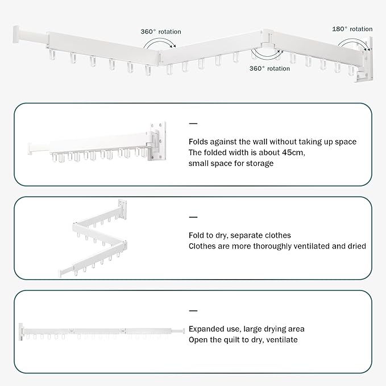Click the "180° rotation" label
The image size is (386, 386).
352,28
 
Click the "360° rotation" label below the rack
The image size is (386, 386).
270,68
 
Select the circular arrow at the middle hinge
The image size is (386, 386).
265,52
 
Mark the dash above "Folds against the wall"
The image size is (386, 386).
193,123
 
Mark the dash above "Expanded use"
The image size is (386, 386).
193,310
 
